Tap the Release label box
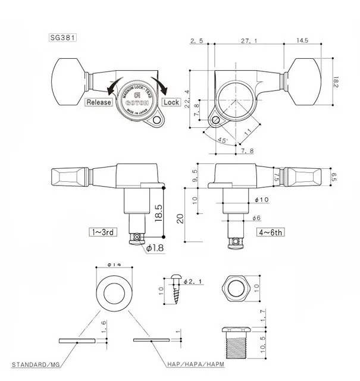[x=99, y=102]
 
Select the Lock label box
[x=171, y=102]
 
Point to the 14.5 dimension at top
[x=299, y=41]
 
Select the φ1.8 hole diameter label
[x=154, y=247]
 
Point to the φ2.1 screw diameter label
[x=194, y=280]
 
